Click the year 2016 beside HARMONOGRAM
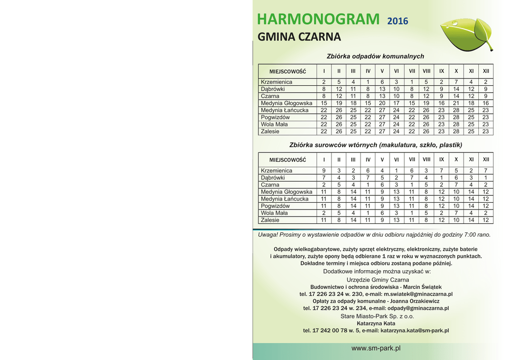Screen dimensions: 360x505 tap(397, 21)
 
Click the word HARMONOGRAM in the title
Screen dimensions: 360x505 tap(318, 19)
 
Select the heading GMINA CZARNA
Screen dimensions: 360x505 tap(299, 37)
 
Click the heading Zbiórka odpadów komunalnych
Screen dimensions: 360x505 tap(375, 56)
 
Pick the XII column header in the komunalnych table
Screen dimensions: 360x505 tap(486, 71)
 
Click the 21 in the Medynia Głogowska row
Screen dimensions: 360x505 tap(456, 103)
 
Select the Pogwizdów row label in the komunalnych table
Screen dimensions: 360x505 tap(275, 117)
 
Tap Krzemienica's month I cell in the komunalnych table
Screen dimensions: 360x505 tap(324, 82)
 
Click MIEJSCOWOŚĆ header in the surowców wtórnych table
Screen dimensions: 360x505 tap(288, 160)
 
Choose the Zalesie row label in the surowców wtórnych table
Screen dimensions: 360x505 tap(270, 220)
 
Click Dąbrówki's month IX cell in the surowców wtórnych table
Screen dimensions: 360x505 tap(441, 178)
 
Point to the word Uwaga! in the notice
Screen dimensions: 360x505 tap(268, 235)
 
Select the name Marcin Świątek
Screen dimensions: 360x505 tap(422, 287)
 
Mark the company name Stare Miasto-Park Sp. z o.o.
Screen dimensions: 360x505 tap(377, 316)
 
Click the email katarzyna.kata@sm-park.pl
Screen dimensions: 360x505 tap(415, 330)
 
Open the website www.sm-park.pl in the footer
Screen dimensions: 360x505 tap(376, 348)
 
